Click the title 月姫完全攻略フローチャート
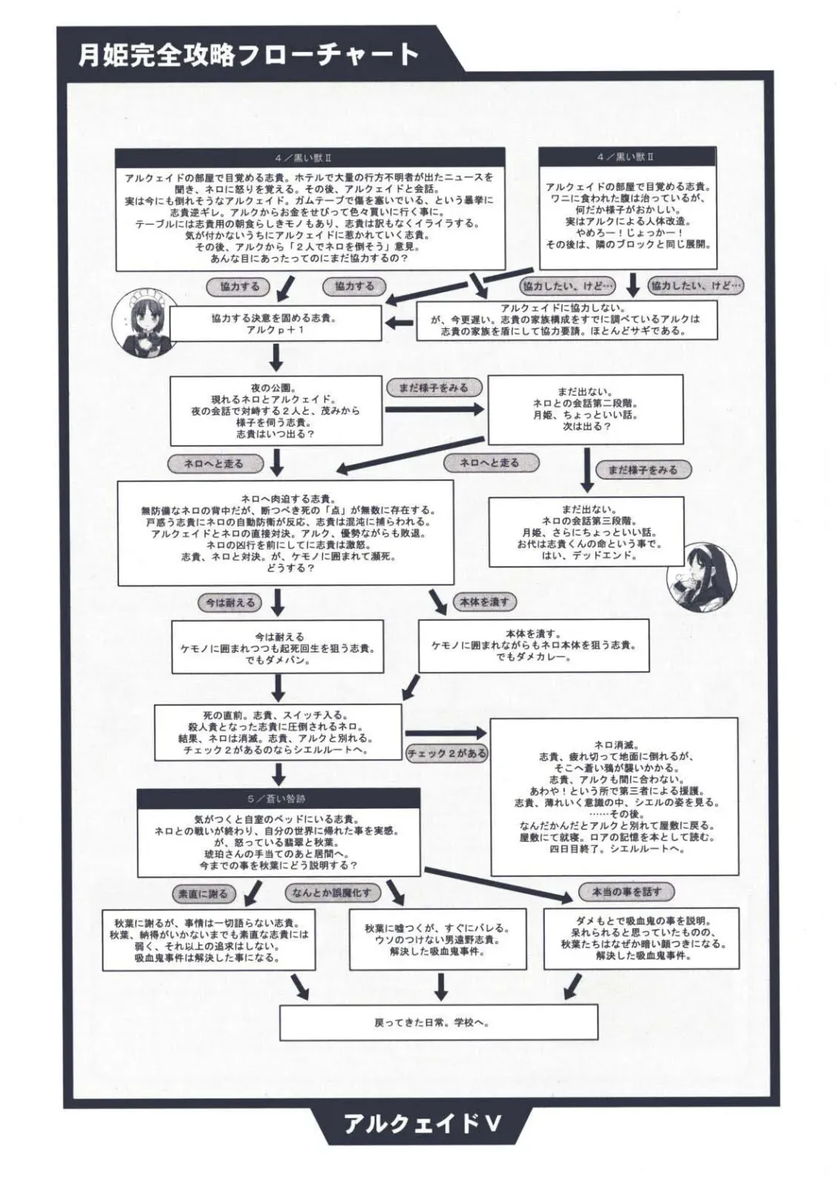click(248, 54)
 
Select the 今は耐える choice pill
click(230, 602)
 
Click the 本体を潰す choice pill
click(485, 602)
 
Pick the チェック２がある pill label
click(447, 752)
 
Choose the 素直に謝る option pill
click(203, 893)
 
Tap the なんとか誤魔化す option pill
click(331, 893)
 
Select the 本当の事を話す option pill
click(626, 892)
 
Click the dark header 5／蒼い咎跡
click(278, 798)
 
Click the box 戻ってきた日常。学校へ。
click(438, 1022)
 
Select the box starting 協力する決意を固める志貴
click(275, 324)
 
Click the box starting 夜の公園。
click(276, 410)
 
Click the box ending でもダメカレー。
click(533, 644)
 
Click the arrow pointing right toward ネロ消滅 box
click(444, 732)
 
